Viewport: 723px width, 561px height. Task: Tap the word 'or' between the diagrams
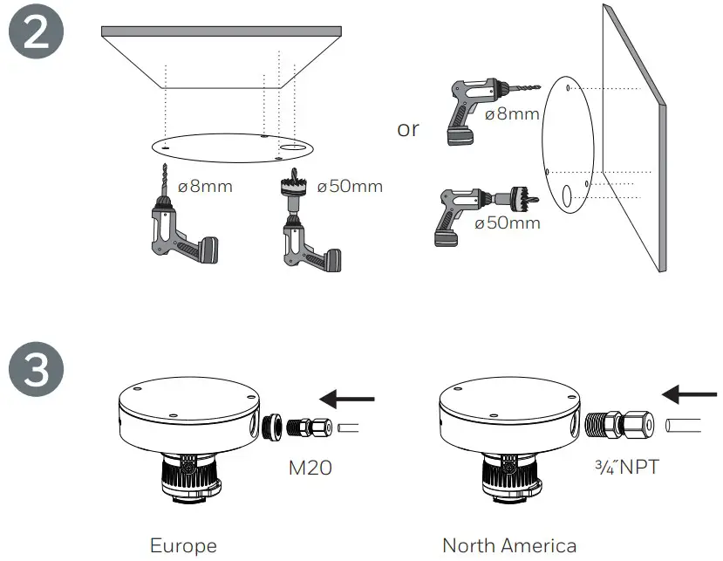pyautogui.click(x=408, y=129)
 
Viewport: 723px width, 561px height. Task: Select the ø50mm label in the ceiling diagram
pyautogui.click(x=350, y=186)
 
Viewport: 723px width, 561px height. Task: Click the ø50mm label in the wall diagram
pyautogui.click(x=508, y=222)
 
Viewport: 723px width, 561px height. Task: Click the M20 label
pyautogui.click(x=310, y=468)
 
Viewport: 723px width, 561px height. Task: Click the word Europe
pyautogui.click(x=183, y=546)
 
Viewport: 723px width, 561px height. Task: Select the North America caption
pyautogui.click(x=509, y=546)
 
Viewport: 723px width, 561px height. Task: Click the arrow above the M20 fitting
pyautogui.click(x=347, y=400)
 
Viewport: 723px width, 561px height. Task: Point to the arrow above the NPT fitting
pyautogui.click(x=690, y=395)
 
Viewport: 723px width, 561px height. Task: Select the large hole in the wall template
pyautogui.click(x=566, y=198)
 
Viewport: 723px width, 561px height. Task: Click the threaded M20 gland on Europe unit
pyautogui.click(x=303, y=427)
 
